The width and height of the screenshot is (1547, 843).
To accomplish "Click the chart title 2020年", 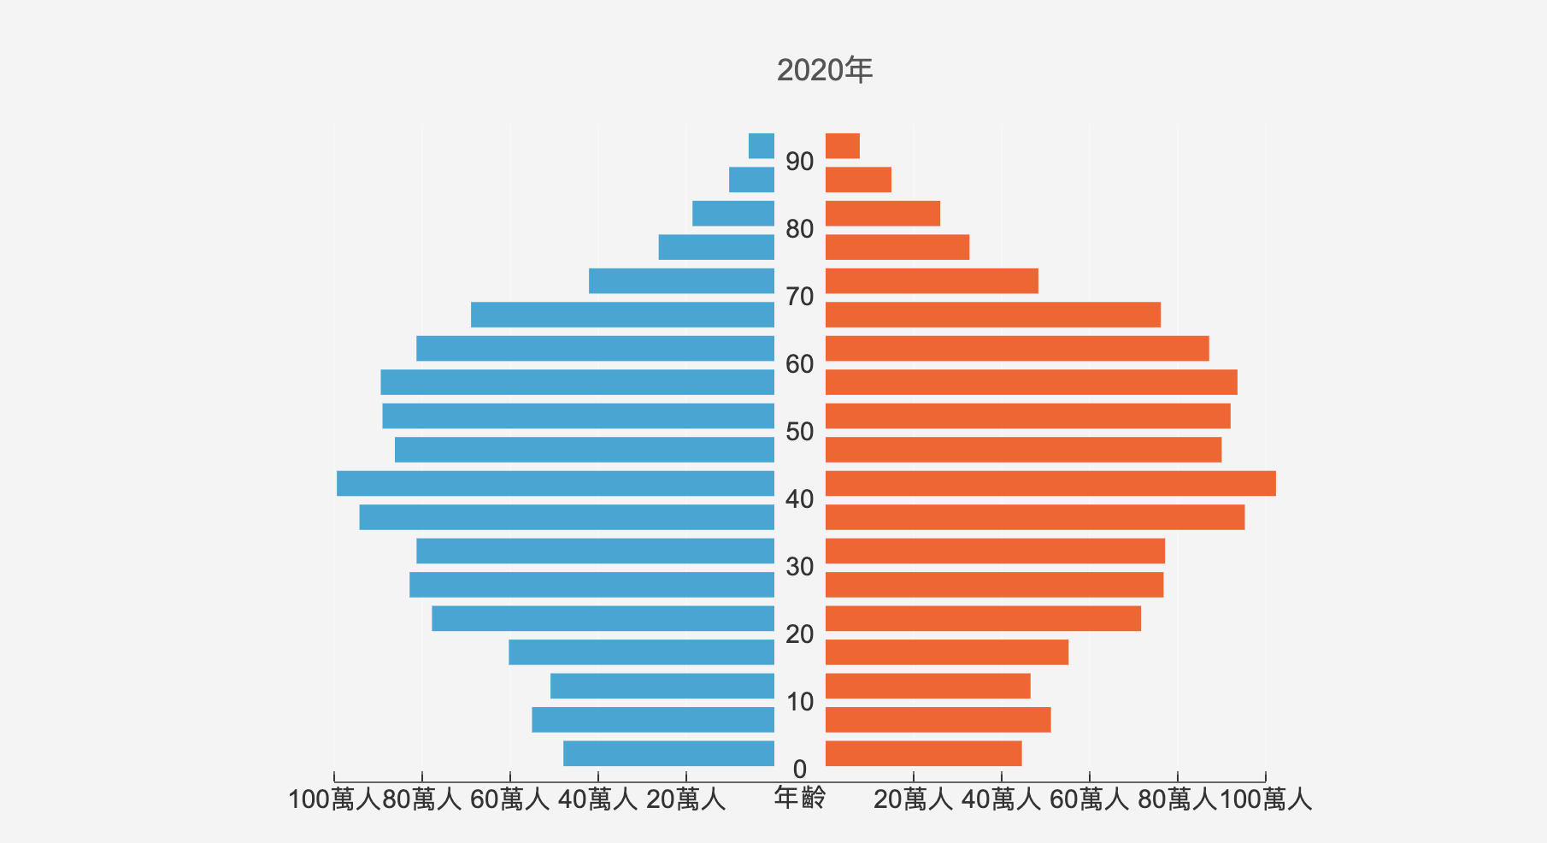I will click(x=825, y=70).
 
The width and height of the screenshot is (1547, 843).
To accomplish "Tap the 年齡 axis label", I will click(x=800, y=798).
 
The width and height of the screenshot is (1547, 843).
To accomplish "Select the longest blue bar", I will click(x=556, y=483).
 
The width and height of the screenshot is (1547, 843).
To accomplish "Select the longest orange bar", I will click(x=1050, y=483).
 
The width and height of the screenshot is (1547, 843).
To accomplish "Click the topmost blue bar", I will click(x=762, y=146).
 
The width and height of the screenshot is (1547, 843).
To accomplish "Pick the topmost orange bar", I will click(x=843, y=146).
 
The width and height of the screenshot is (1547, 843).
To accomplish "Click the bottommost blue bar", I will click(x=668, y=753).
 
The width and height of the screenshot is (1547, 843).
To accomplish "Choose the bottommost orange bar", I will click(x=923, y=753).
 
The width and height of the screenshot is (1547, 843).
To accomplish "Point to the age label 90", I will click(x=800, y=162).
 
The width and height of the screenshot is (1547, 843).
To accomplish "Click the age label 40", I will click(x=800, y=499).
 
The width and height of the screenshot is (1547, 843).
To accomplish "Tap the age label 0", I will click(x=800, y=769).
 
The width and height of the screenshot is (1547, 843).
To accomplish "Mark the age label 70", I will click(x=800, y=297).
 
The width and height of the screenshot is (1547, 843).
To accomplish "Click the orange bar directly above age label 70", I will click(x=932, y=281).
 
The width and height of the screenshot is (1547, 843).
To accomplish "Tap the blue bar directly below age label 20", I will click(x=641, y=652).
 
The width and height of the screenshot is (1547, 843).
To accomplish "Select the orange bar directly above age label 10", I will click(x=927, y=686).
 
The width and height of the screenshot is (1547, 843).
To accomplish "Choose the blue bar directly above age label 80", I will click(x=733, y=214).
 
